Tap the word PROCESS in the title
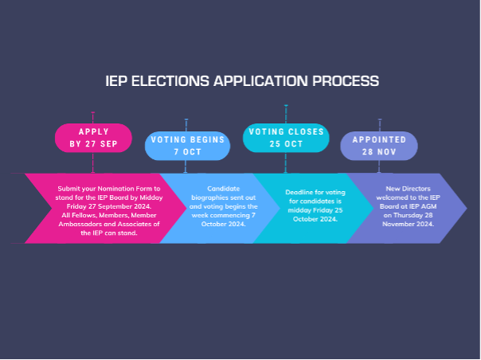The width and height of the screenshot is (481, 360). [344, 80]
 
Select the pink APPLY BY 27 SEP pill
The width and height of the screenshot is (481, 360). [93, 137]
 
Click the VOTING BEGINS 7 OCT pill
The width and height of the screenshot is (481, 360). [186, 144]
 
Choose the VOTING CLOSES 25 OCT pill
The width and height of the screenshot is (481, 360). [286, 137]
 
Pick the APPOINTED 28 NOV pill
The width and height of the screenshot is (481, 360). [379, 144]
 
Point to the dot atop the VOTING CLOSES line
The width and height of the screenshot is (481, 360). [286, 105]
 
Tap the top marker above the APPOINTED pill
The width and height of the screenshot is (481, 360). [380, 119]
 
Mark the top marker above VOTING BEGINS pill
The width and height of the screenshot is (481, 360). [186, 120]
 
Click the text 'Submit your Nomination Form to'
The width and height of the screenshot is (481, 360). [108, 188]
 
